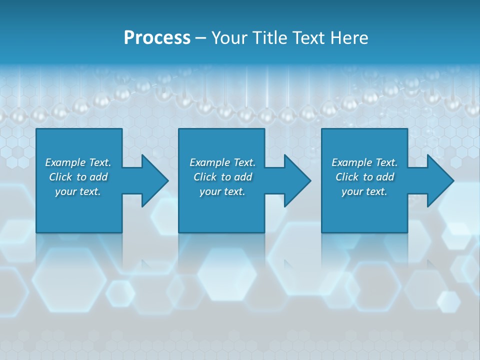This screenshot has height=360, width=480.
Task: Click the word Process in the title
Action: tap(157, 37)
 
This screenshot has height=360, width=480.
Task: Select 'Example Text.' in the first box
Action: tap(78, 162)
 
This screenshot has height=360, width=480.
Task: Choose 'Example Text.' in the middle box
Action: tap(222, 162)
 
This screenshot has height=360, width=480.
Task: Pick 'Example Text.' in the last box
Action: tap(364, 162)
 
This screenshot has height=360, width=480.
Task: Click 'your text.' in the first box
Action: tap(78, 191)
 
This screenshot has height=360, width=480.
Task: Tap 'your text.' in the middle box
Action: tap(222, 191)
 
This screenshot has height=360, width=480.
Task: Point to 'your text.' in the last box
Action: tap(364, 191)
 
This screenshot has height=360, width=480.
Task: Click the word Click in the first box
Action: tap(60, 177)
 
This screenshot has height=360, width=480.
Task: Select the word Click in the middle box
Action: tap(205, 177)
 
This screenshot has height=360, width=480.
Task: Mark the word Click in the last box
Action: tap(347, 177)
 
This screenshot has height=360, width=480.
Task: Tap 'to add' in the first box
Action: tap(92, 177)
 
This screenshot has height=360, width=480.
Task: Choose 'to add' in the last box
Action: tap(379, 177)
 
